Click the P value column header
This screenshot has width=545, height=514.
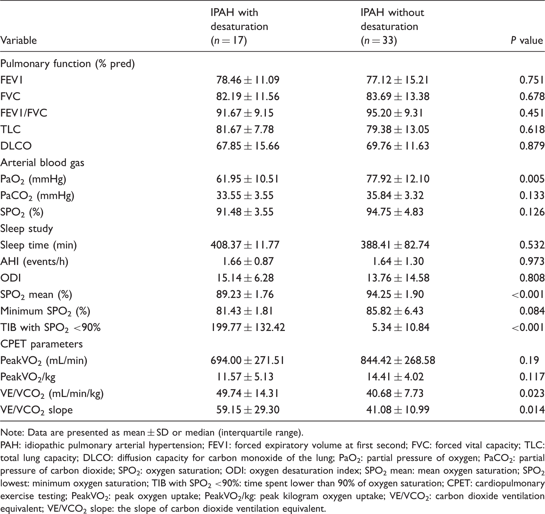click(527, 40)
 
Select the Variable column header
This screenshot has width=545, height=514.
click(19, 40)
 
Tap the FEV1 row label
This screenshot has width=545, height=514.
click(11, 80)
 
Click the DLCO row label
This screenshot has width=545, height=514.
click(16, 146)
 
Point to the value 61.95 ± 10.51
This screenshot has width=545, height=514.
click(248, 179)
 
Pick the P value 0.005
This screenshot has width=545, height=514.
click(532, 179)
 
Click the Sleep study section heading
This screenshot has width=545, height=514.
click(27, 229)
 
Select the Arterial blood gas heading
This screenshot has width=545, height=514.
click(42, 163)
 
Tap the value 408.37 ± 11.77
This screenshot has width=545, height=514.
click(245, 245)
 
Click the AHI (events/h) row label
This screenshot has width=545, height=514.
click(34, 262)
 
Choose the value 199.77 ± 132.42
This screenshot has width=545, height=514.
click(248, 328)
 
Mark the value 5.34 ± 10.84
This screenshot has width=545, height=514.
click(398, 328)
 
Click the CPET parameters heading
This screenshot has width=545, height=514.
click(42, 344)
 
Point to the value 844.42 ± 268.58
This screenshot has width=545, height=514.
click(398, 361)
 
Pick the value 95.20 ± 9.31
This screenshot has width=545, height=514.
click(395, 113)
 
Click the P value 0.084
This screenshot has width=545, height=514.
click(532, 311)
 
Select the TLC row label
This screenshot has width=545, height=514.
click(10, 130)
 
